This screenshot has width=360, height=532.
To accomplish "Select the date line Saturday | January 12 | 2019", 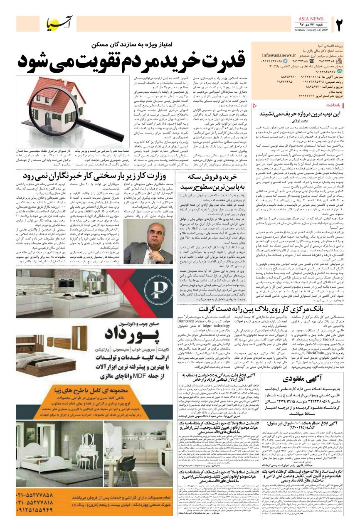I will point(311,30).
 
